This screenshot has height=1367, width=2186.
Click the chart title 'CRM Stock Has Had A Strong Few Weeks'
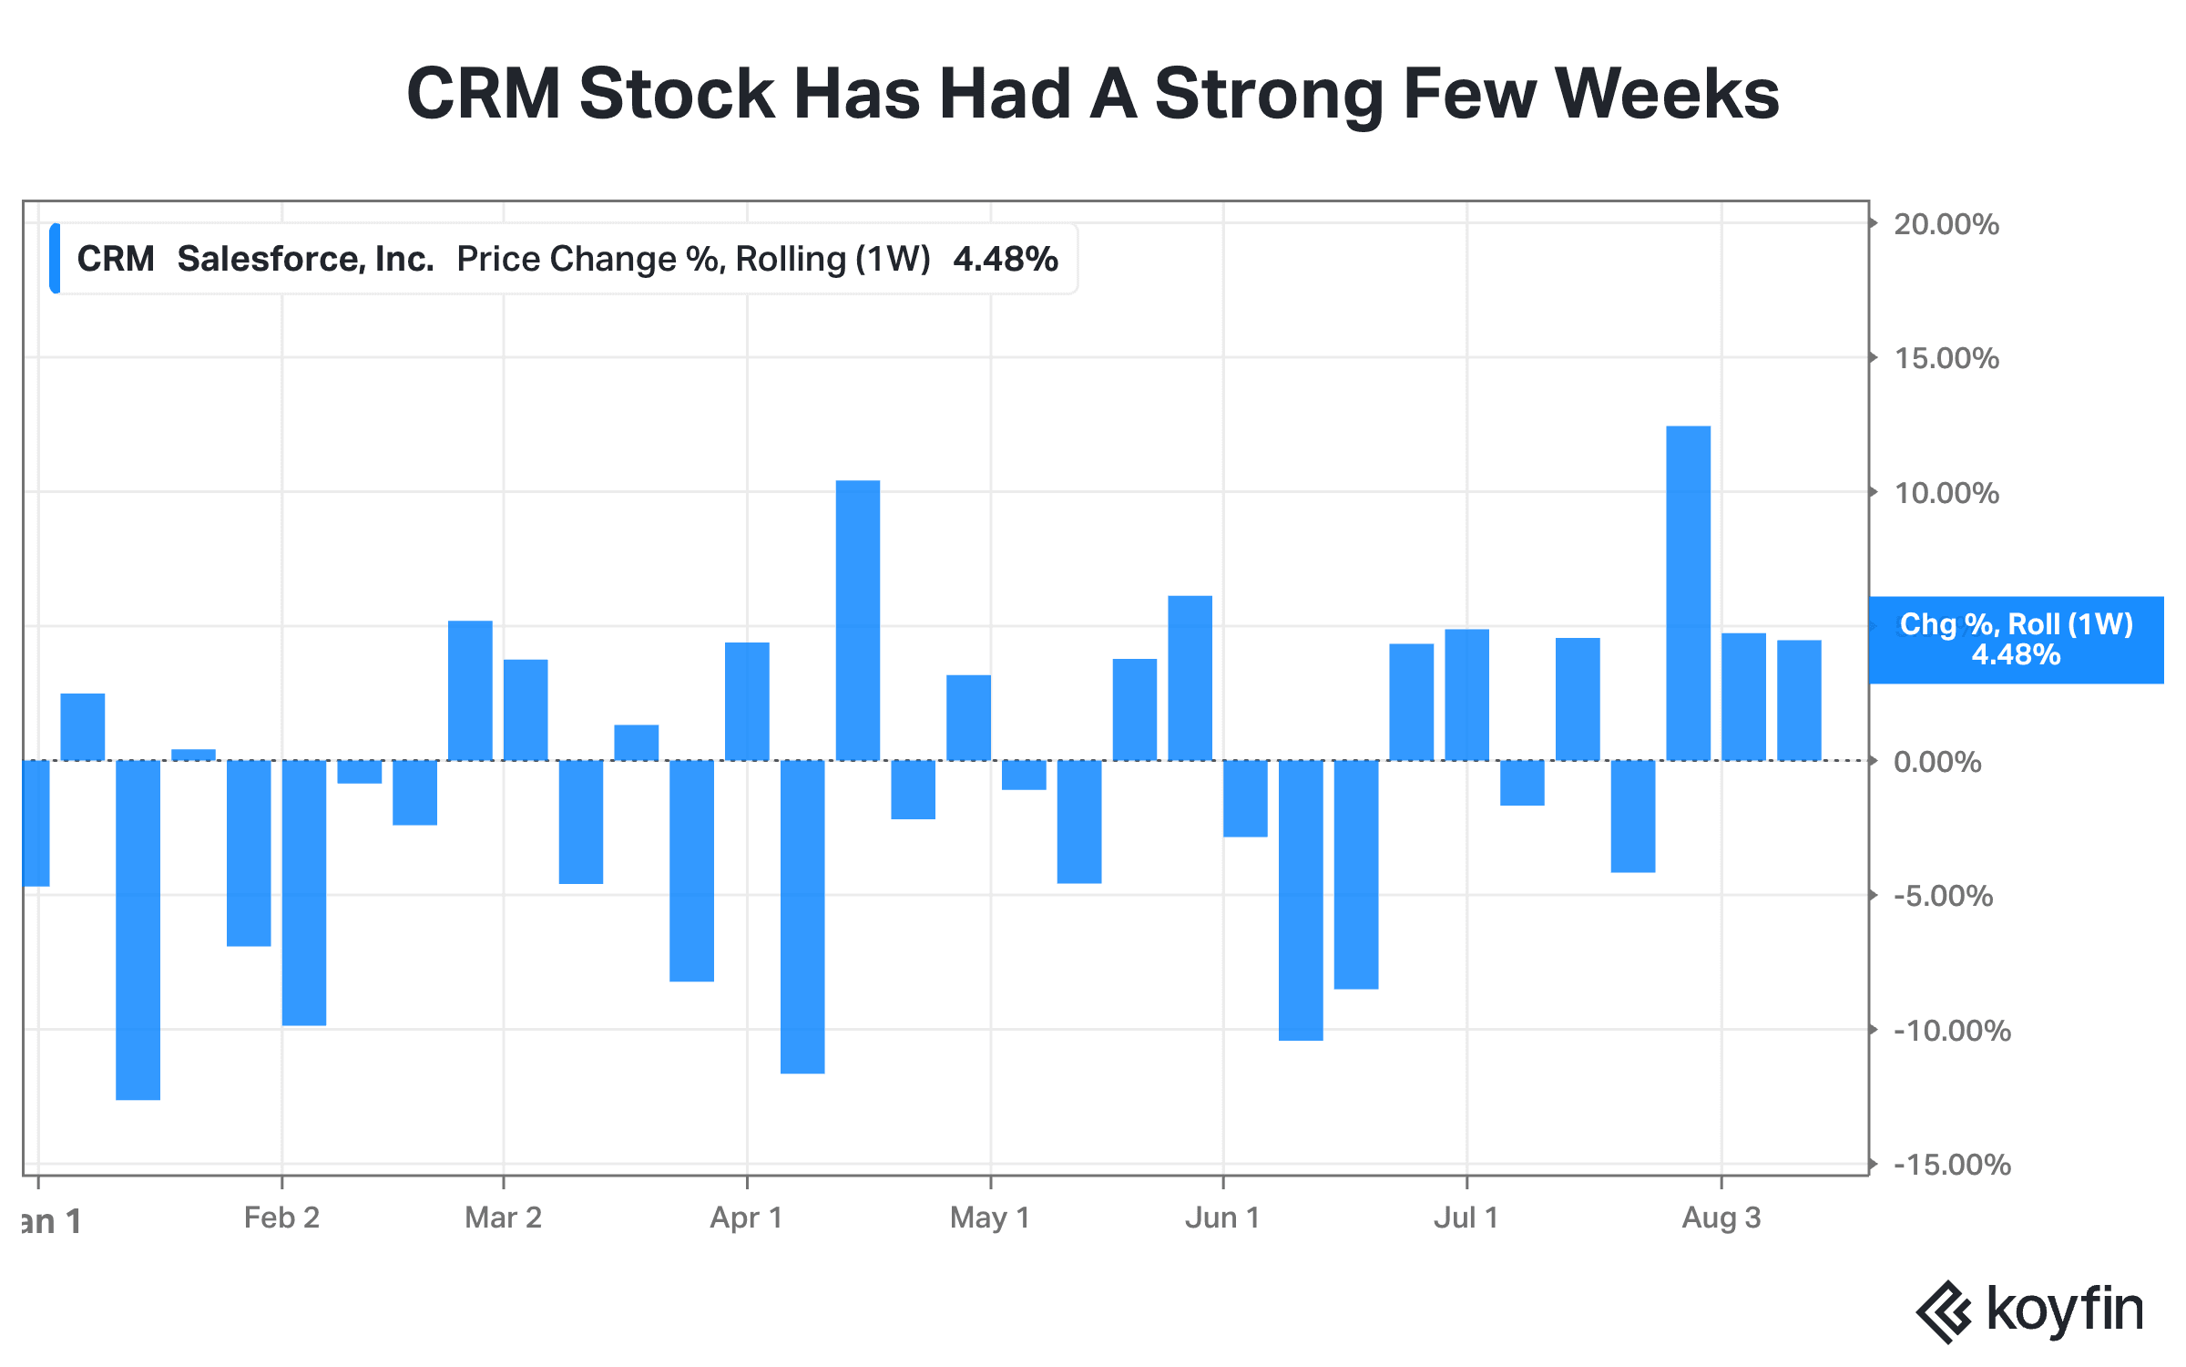tap(1093, 94)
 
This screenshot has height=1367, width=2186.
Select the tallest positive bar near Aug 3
tap(1688, 593)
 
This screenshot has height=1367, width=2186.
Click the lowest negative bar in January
tap(138, 930)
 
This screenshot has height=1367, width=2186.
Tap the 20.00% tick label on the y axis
tap(1946, 224)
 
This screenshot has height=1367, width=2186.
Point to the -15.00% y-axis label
tap(1952, 1165)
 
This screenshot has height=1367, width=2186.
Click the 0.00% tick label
tap(1937, 762)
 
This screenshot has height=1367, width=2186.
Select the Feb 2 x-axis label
tap(281, 1218)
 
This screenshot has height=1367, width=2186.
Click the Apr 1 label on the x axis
tap(747, 1218)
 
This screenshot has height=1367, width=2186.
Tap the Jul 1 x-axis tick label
tap(1466, 1218)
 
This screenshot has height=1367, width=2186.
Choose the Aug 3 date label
tap(1721, 1218)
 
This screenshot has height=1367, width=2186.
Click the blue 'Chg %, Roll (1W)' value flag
tap(2016, 640)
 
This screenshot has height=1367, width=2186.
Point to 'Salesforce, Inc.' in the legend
tap(305, 259)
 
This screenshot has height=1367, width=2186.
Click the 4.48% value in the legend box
tap(1006, 259)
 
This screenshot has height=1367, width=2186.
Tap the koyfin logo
tap(2029, 1311)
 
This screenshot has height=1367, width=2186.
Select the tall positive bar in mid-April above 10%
tap(858, 621)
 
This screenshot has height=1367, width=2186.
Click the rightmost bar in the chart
tap(1799, 700)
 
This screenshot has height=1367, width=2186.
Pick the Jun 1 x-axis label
tap(1222, 1218)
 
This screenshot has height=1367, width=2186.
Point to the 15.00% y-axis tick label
tap(1946, 358)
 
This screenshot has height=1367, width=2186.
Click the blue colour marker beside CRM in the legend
tap(56, 259)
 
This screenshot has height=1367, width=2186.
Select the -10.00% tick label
tap(1952, 1031)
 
